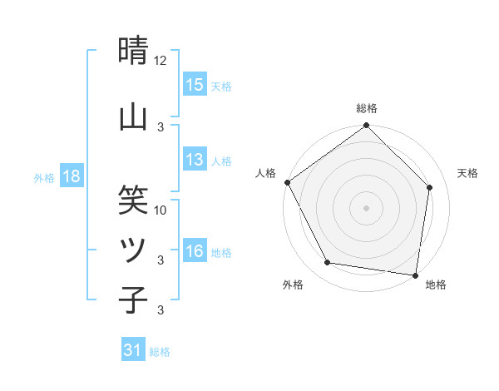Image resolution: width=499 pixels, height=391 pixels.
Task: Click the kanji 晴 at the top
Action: pyautogui.click(x=133, y=52)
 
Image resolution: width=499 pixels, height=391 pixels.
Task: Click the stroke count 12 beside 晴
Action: pyautogui.click(x=161, y=61)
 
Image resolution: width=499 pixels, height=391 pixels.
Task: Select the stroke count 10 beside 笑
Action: pyautogui.click(x=161, y=210)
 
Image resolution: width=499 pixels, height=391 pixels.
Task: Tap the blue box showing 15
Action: pyautogui.click(x=195, y=85)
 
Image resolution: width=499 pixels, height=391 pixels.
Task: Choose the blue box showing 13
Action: pyautogui.click(x=195, y=160)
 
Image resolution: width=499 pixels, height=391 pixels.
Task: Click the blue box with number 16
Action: pyautogui.click(x=195, y=251)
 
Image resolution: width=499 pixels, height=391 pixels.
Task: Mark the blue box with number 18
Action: pyautogui.click(x=71, y=176)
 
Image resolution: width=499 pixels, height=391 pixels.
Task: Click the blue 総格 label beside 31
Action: pyautogui.click(x=160, y=352)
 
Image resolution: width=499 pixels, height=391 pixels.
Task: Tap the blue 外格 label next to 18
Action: pyautogui.click(x=44, y=177)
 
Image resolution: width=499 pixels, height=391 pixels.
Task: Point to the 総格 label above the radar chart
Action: pyautogui.click(x=366, y=108)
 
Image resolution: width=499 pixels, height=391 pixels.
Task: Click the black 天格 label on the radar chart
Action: pyautogui.click(x=467, y=173)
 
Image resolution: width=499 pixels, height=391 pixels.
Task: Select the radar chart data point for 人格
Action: pyautogui.click(x=287, y=182)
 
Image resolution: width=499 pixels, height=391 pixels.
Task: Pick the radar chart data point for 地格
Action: pyautogui.click(x=415, y=275)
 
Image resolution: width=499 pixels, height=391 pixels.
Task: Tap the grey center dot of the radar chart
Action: pyautogui.click(x=366, y=207)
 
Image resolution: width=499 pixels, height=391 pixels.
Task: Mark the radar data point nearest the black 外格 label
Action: pyautogui.click(x=327, y=263)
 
